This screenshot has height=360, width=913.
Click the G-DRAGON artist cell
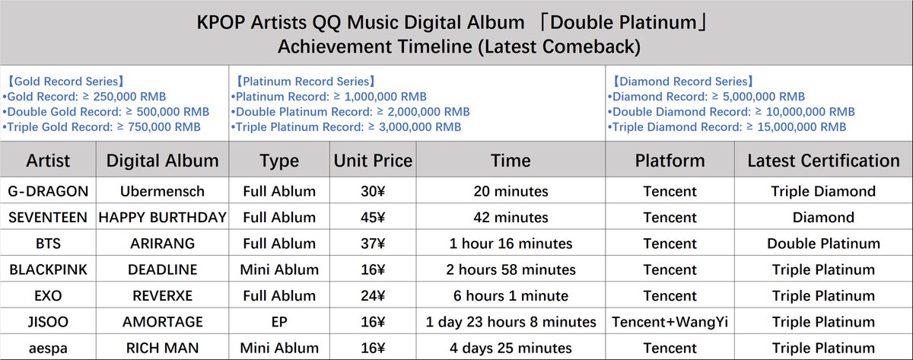click(x=48, y=191)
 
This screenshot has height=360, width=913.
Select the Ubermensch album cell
click(x=163, y=191)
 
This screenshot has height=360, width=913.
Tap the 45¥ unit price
click(x=373, y=218)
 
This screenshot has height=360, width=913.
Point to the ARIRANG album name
click(x=163, y=244)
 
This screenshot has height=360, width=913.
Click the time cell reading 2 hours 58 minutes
click(x=511, y=269)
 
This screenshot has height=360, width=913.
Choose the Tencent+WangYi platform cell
click(x=670, y=321)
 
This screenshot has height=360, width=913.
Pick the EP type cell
click(x=279, y=321)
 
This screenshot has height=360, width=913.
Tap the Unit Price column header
click(x=373, y=161)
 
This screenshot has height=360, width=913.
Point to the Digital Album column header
click(x=163, y=161)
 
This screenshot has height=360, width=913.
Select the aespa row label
click(x=48, y=347)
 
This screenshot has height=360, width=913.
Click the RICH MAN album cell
click(x=163, y=347)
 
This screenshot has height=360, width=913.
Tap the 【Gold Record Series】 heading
click(x=64, y=81)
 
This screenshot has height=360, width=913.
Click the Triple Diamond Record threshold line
click(x=727, y=127)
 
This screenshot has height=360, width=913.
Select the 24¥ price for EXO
click(x=373, y=295)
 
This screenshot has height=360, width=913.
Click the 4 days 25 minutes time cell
click(x=511, y=347)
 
